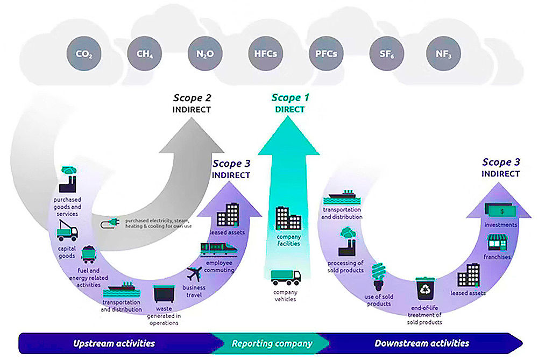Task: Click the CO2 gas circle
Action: coord(83,54)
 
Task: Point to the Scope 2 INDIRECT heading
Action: coord(192,103)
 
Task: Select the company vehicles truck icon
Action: coord(286,278)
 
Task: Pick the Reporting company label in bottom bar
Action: coord(272,343)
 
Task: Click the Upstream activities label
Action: coord(114,343)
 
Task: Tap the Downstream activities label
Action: coord(422,343)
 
